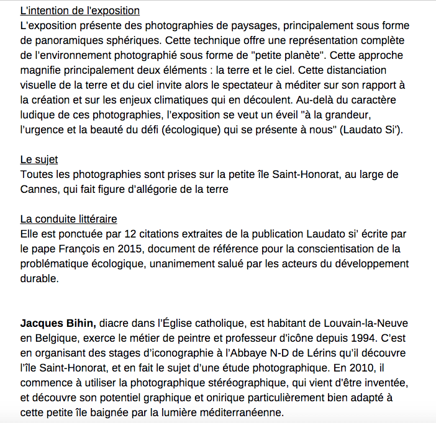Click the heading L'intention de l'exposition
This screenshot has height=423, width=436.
tap(79, 11)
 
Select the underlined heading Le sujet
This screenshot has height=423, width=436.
tap(39, 161)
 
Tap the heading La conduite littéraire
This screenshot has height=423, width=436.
tap(68, 219)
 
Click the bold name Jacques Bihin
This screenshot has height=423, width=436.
tap(58, 323)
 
